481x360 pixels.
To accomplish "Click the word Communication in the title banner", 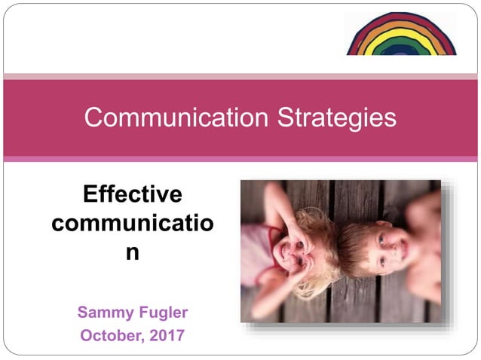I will click(x=176, y=117).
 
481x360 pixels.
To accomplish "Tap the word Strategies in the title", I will click(x=335, y=117).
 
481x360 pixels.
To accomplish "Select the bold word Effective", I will click(x=133, y=194).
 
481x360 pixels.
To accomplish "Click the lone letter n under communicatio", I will click(x=133, y=252).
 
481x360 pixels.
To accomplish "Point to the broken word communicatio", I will click(x=133, y=224).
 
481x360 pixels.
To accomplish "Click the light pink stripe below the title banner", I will click(x=240, y=159).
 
